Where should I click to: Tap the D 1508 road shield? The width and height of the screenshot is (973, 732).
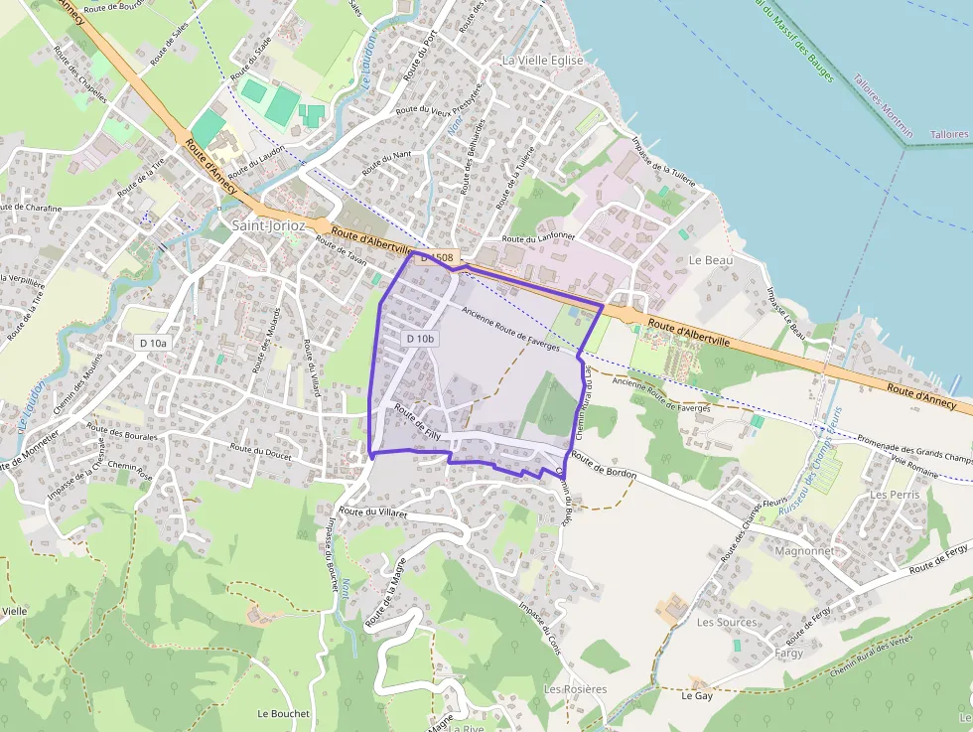coord(436,257)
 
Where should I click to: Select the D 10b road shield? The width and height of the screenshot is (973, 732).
coord(419,339)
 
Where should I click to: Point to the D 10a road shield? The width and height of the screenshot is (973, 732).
coord(154,343)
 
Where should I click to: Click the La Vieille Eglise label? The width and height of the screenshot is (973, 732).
coord(543,61)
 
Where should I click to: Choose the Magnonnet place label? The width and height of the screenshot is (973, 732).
coord(804,550)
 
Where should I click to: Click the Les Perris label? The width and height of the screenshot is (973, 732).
coord(894,494)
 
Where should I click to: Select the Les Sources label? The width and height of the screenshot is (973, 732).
coord(727,623)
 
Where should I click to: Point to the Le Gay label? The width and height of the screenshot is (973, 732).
coord(697,696)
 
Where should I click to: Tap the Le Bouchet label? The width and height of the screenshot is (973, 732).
coord(284,713)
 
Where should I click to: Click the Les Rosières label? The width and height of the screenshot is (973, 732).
coord(575,689)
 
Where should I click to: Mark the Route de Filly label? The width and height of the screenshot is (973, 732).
coord(417,421)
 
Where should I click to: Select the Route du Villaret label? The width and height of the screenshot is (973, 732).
coord(373,512)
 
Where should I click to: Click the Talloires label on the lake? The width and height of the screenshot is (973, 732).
coord(949,134)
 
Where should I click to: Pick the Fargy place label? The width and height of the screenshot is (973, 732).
coord(789,654)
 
